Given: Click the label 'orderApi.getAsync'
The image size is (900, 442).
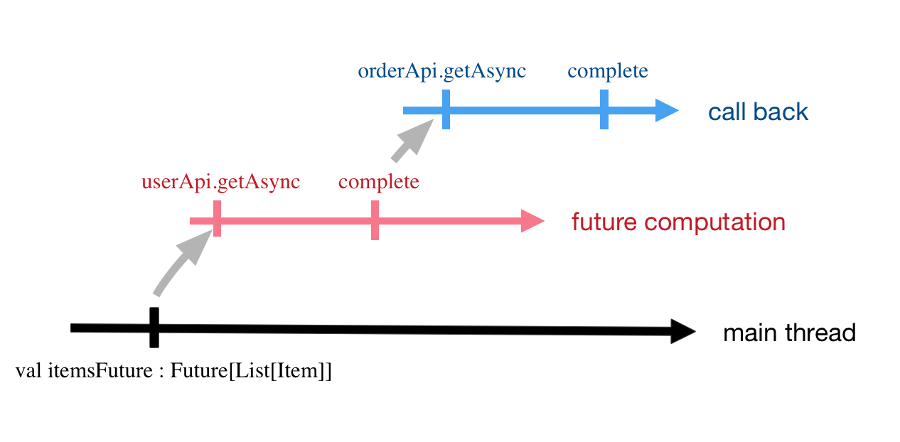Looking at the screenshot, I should [441, 72].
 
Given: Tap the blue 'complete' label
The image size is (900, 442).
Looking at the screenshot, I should [608, 72].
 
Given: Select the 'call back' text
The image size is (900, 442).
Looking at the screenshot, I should [758, 112].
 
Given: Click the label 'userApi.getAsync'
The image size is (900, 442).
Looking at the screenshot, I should [220, 182].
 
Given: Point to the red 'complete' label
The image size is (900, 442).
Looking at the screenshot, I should [378, 182].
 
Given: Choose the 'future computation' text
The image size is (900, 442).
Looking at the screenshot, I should [678, 222].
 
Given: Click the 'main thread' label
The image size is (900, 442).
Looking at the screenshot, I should [789, 333].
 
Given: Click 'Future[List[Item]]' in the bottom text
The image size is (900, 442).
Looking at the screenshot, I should [251, 372].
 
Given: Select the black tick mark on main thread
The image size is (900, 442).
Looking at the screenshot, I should [154, 328].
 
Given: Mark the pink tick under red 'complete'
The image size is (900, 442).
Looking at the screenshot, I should [375, 220].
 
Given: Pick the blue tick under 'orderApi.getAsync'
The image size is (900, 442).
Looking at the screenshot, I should [446, 109].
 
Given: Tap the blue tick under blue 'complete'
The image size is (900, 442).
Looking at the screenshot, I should [604, 109].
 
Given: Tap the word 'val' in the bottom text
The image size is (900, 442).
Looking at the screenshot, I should [28, 372].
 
